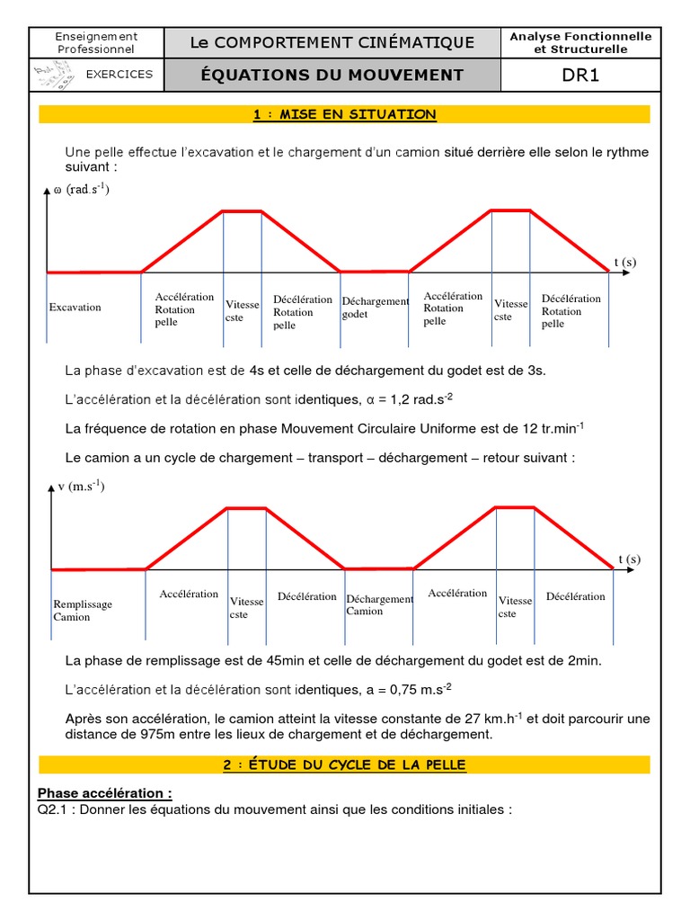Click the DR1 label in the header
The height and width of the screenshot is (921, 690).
coord(580,75)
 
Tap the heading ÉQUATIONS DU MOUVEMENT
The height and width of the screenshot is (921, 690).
coord(332,75)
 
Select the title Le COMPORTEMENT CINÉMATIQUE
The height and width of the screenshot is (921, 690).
coord(332,42)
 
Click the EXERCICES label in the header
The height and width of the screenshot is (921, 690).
coord(119,75)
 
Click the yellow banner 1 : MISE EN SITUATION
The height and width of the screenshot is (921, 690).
coord(344,114)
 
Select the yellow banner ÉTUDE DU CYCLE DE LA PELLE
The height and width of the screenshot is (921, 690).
coord(344,765)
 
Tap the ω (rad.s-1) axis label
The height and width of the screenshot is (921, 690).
coord(82,191)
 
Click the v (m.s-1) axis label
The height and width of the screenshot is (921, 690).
coord(81,487)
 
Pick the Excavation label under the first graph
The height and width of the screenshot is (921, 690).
coord(75,308)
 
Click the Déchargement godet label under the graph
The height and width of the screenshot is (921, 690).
coord(375,308)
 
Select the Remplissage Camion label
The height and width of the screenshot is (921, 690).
coord(83,611)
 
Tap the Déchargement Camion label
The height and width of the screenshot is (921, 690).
coord(379,605)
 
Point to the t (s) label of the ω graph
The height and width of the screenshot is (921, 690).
coord(624,262)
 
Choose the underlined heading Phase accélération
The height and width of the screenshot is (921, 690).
coord(104,793)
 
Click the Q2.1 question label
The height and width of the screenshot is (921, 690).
coord(55,809)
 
